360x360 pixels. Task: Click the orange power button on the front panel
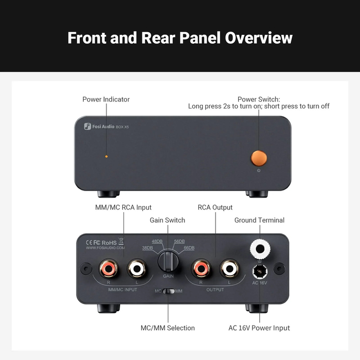coord(259,157)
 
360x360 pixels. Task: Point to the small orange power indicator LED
coord(106,157)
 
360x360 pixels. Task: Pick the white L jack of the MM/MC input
coord(137,269)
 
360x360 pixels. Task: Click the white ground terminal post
coord(260,249)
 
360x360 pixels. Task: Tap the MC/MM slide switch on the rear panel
coord(168,291)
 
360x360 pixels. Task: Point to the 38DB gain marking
coord(148,248)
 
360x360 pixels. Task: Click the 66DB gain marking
coord(189,248)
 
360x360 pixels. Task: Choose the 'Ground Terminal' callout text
coord(259,220)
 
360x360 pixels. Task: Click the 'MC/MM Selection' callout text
coord(167,328)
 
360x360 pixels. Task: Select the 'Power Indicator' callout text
coord(106,99)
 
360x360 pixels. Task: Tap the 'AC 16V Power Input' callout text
coord(259,328)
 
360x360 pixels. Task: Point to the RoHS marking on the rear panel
coord(109,242)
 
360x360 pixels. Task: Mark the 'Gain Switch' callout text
coord(167,220)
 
